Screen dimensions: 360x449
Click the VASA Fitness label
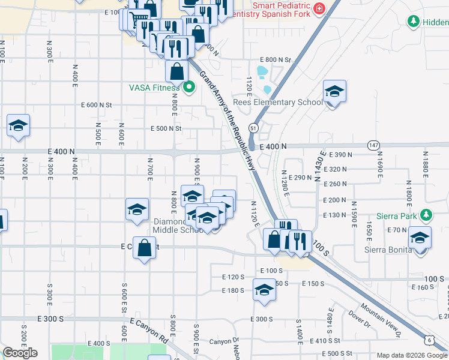(x=154, y=88)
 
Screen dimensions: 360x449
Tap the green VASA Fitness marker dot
(x=190, y=88)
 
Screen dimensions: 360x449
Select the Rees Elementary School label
(x=277, y=102)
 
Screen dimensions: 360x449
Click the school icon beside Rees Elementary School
(x=334, y=92)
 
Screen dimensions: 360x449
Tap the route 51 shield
(x=255, y=128)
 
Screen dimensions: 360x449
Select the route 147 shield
(x=374, y=145)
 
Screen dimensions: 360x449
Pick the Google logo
(x=20, y=353)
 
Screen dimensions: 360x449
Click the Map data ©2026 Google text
(x=412, y=355)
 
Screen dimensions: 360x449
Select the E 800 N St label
(x=275, y=60)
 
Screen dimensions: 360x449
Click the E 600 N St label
(x=97, y=105)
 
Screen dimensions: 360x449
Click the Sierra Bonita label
(x=388, y=250)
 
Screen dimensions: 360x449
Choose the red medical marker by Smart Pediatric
(x=318, y=9)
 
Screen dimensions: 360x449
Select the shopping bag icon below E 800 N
(x=177, y=72)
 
